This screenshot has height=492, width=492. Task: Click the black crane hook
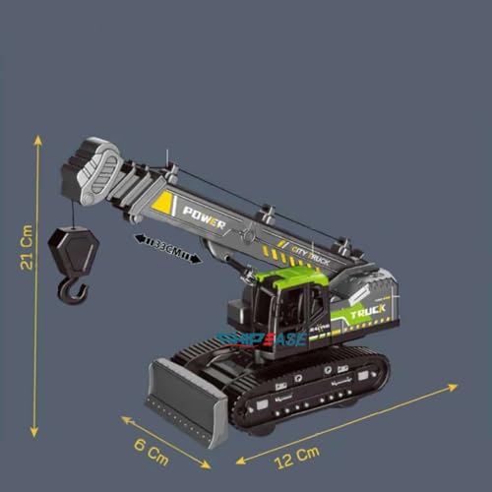pyautogui.click(x=72, y=289)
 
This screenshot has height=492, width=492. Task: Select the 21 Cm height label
pyautogui.click(x=28, y=250)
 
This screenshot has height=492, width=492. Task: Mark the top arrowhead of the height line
pyautogui.click(x=37, y=141)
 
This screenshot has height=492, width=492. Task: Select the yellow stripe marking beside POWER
pyautogui.click(x=163, y=205)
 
